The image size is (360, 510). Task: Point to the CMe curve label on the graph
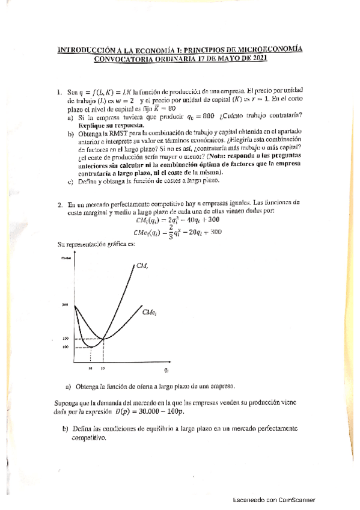(150, 312)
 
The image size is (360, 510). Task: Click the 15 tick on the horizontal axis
(103, 367)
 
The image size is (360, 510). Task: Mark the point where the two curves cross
(103, 339)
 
